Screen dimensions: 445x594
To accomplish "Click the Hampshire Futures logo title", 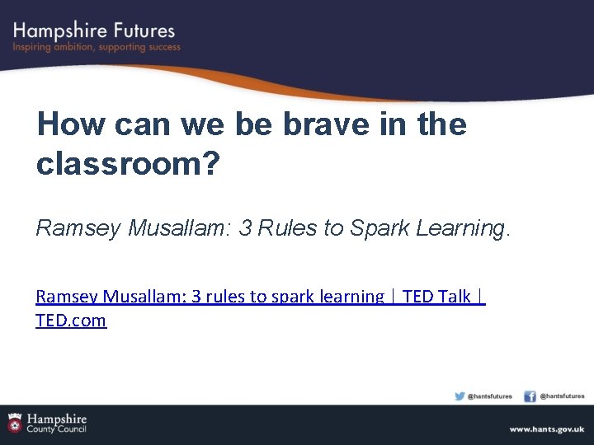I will tap(94, 30).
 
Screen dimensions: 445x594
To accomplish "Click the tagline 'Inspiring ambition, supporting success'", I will tap(96, 48).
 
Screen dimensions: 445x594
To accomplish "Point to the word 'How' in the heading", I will tap(71, 124).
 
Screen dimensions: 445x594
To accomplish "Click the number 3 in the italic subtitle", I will tap(245, 228).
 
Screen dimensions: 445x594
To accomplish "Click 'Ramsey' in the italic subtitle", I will tap(78, 228).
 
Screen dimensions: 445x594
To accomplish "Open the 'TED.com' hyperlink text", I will tap(71, 321).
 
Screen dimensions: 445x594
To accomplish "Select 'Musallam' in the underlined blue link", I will tap(145, 297).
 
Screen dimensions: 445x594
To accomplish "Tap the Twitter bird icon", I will tap(460, 396).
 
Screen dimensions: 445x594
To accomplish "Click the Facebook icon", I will tap(530, 396).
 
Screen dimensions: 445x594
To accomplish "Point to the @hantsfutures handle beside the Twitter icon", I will tap(490, 396).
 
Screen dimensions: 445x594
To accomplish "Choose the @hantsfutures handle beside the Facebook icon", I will tap(562, 396).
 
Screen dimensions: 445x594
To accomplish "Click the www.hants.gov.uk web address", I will tap(546, 429).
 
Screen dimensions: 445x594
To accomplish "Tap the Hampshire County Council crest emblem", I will tap(15, 423).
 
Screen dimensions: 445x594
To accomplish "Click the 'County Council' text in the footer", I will tap(56, 429).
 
